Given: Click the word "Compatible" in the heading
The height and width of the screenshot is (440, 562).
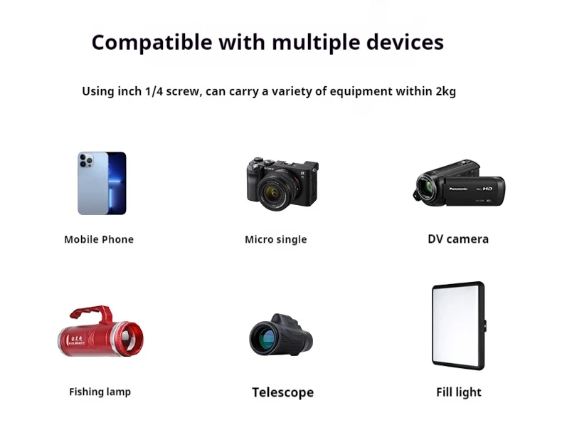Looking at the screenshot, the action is pos(152,43).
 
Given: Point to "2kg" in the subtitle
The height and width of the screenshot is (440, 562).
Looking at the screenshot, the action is pos(446,92).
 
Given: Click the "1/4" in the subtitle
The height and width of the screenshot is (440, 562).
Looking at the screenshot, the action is pos(154,91).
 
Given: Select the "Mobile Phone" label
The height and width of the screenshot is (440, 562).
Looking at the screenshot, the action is pos(99,239).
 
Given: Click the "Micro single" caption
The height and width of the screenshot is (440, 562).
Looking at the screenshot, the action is pos(275,239).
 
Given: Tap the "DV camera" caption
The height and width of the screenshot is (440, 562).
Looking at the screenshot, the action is pos(458,239).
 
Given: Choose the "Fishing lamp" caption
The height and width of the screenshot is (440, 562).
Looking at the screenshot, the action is pos(100,392).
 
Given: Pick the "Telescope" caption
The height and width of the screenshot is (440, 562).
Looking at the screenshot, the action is pos(283,392).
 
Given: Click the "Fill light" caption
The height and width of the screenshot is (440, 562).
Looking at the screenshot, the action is pos(459,392).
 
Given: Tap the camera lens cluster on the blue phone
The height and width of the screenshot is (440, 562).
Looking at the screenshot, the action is pos(86,160).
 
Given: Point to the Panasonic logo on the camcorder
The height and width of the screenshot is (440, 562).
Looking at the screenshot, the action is pos(458,189).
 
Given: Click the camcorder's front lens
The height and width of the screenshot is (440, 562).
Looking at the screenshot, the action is pos(425,189).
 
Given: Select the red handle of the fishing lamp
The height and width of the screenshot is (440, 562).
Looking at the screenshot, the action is pos(91,313).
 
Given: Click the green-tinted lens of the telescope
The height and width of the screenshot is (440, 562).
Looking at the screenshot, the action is pos(263,337).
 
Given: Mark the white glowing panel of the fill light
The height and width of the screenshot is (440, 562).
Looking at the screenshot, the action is pos(456,325).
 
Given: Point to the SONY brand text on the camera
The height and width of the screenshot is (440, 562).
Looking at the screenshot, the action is pos(270,168).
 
